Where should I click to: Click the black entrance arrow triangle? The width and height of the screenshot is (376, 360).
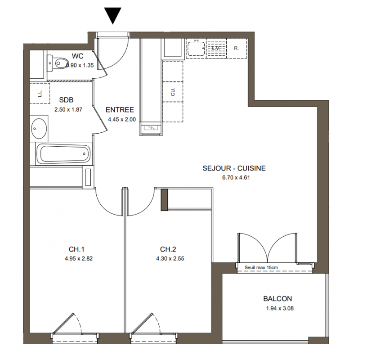coord(113,15)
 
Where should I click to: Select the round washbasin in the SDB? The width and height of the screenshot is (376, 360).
coord(39,128)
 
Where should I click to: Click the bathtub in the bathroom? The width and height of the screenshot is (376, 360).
coord(63,153)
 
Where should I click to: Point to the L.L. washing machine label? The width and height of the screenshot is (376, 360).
coord(40,93)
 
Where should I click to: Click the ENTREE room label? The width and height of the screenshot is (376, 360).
coord(120,110)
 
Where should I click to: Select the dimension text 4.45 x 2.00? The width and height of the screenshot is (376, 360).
coord(122,119)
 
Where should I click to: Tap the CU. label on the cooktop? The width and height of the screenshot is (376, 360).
coord(173,92)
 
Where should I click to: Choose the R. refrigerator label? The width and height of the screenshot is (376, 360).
coord(237,48)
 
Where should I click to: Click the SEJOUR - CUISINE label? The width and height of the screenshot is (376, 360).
coord(234,168)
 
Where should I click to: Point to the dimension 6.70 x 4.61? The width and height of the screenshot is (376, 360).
coord(236,178)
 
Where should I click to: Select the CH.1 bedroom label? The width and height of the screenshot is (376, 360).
coord(76,249)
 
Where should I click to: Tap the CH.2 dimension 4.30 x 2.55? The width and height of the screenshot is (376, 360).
coord(170,258)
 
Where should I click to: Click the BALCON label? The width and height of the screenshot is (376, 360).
coord(278,298)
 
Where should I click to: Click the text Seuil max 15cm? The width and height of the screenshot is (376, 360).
coord(261,267)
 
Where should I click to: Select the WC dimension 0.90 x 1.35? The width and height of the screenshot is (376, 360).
coord(80,65)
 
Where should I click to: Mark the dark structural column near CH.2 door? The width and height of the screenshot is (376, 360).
coord(164,200)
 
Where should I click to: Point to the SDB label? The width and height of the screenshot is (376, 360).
coord(66,100)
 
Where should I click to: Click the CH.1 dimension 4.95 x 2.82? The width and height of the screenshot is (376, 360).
coord(78,258)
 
